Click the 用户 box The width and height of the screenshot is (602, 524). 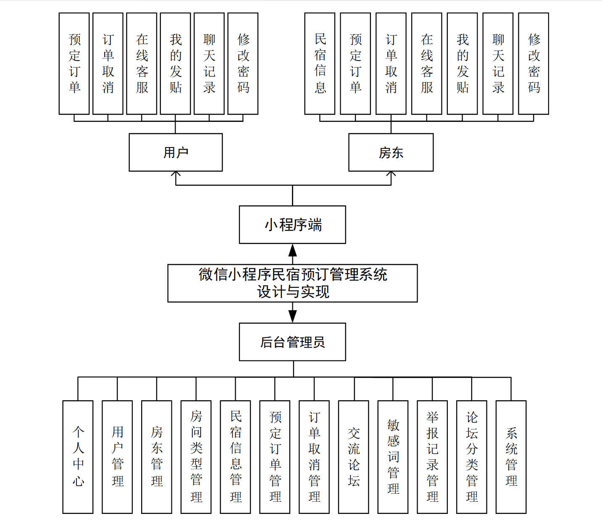pos(176,152)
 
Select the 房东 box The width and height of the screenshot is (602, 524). pos(391,152)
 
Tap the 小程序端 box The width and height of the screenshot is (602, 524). pos(292,224)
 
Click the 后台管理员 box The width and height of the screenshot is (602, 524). pos(292,342)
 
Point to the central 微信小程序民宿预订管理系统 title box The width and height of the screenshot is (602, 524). pos(292,283)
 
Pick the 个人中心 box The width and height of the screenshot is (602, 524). pos(78,457)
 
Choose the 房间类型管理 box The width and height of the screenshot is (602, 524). pos(196,457)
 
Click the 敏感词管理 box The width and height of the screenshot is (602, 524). pos(393,457)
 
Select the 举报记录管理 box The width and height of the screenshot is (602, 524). pos(432,457)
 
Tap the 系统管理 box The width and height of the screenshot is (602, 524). pos(511,457)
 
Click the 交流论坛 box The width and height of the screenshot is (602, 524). pos(353,457)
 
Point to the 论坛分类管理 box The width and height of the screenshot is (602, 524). pos(472,457)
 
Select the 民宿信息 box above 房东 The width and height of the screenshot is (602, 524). pos(320,63)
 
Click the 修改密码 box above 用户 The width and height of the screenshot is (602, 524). pos(243,63)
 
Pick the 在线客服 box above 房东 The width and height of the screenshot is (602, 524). pos(426,63)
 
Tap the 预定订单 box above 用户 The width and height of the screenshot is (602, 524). pos(74,63)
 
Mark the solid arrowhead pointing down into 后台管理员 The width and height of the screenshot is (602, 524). pos(292,316)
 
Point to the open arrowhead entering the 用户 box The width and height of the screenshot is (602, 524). pos(176,174)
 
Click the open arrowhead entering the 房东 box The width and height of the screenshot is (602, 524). pos(391,174)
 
